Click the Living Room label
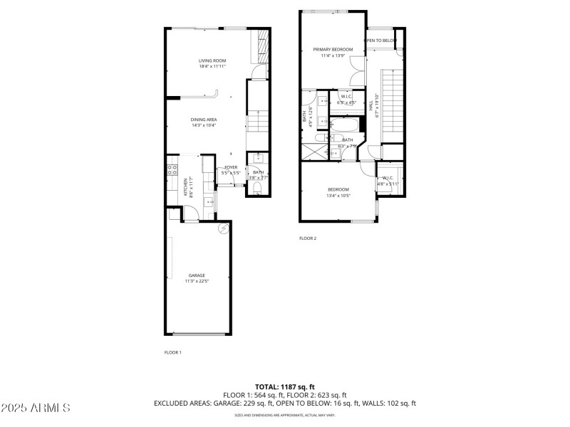(212, 60)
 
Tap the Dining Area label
(203, 120)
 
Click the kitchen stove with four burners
(172, 170)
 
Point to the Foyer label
(231, 167)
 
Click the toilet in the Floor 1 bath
(257, 189)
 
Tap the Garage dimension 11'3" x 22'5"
(197, 281)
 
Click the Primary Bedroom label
(333, 49)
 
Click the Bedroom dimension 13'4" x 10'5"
(338, 196)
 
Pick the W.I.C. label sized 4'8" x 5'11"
(388, 181)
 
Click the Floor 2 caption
(308, 238)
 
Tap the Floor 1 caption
(173, 352)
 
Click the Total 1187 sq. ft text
(285, 387)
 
